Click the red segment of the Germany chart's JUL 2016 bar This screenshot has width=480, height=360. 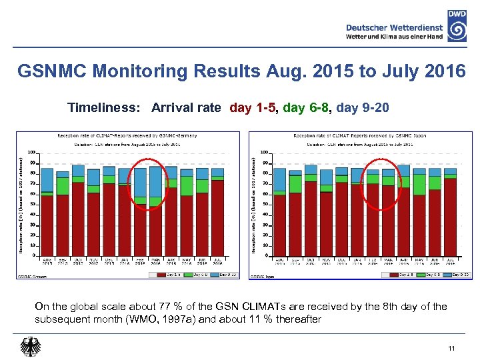pos(218,217)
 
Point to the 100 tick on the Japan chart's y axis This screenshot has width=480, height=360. pos(264,152)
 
